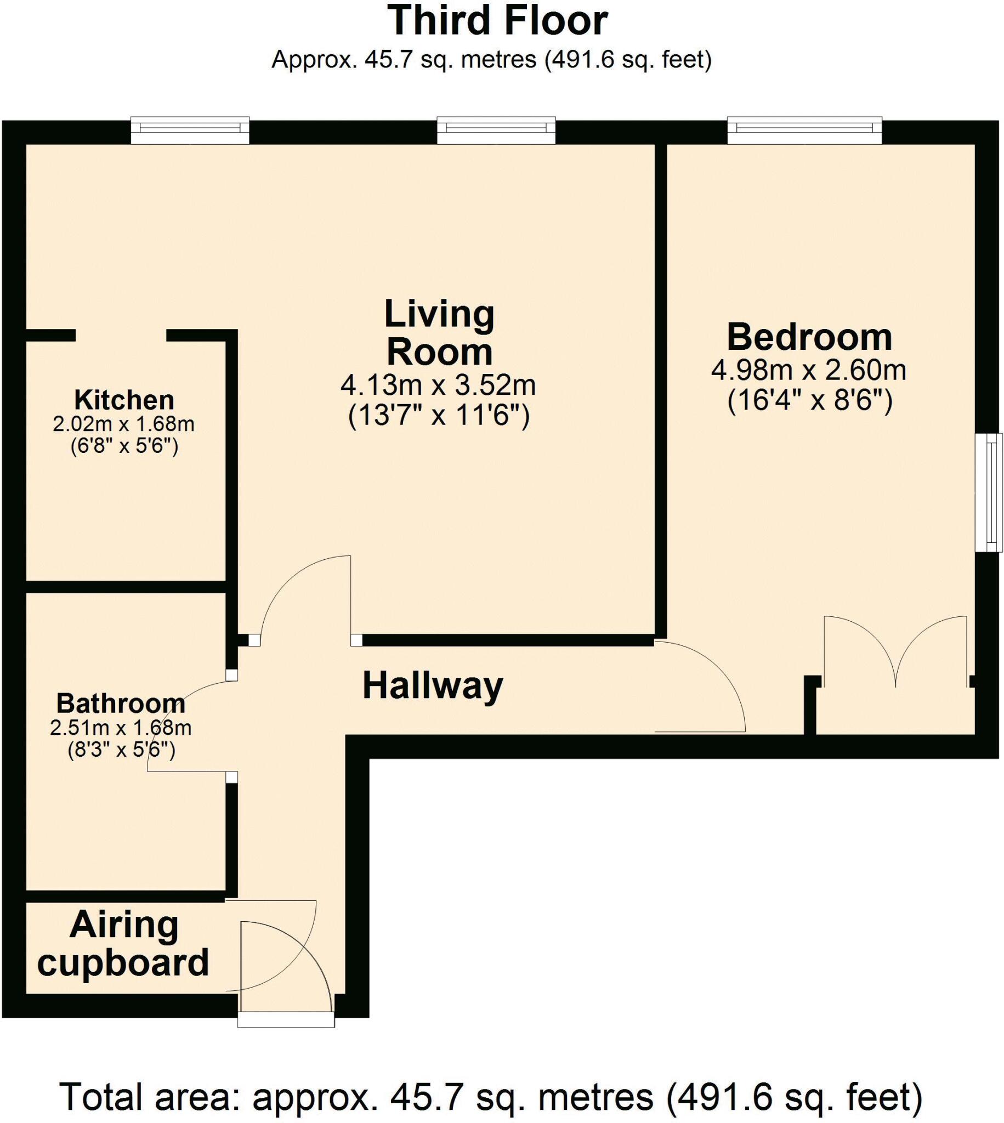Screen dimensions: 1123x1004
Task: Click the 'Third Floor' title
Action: click(497, 21)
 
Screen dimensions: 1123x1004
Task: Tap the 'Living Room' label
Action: click(439, 333)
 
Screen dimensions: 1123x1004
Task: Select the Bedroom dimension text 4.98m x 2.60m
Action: click(809, 370)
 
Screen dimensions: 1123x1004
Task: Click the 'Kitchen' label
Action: click(124, 399)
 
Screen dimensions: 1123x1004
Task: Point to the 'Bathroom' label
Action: click(121, 704)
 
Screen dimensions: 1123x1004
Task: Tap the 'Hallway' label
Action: click(433, 685)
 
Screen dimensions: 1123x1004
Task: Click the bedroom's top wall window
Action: click(804, 131)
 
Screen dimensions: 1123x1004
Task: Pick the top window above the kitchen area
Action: click(190, 131)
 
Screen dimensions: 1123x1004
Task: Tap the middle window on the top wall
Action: click(496, 131)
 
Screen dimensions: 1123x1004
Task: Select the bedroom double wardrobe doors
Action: click(895, 651)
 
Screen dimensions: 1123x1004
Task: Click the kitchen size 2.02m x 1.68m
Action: click(123, 424)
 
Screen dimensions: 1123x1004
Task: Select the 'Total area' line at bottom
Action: click(491, 1097)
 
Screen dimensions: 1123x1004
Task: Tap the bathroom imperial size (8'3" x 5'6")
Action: click(121, 750)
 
